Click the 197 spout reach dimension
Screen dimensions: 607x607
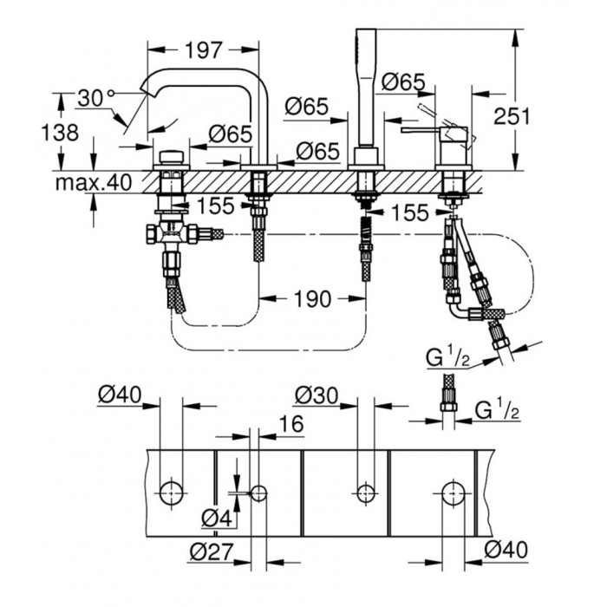coord(204,49)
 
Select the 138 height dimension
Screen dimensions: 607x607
coord(35,133)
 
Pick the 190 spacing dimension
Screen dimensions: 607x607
coord(311,299)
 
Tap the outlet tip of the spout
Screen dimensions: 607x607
coord(145,88)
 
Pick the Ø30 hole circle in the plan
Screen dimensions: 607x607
coord(364,493)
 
